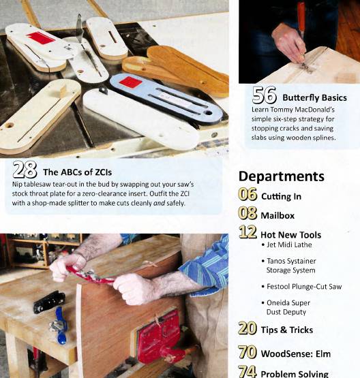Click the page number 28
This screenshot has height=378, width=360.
[25, 170]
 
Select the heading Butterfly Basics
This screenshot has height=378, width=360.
[314, 97]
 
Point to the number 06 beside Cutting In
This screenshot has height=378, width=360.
[247, 196]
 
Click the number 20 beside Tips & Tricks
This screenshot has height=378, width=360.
[247, 329]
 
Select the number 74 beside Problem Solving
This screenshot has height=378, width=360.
[247, 372]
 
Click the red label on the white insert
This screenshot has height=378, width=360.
[41, 38]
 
